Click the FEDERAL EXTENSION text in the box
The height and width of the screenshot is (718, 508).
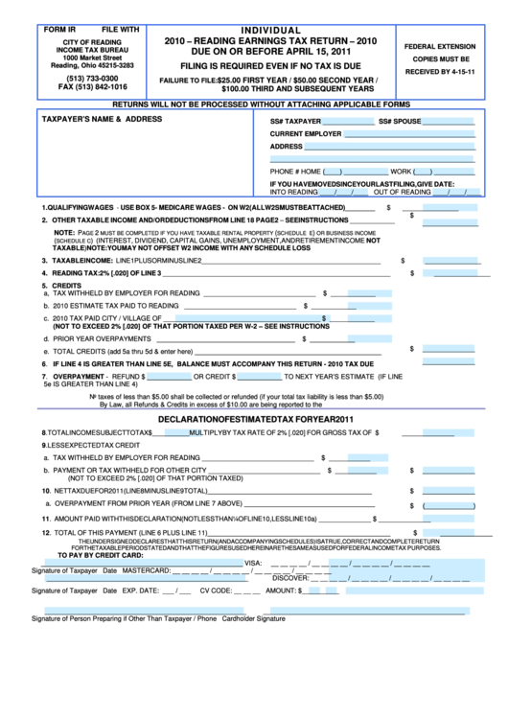(439, 46)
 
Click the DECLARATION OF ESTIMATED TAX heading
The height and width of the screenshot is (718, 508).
(256, 420)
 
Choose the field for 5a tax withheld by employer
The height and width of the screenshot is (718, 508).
(360, 293)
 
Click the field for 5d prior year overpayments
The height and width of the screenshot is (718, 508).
(360, 337)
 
